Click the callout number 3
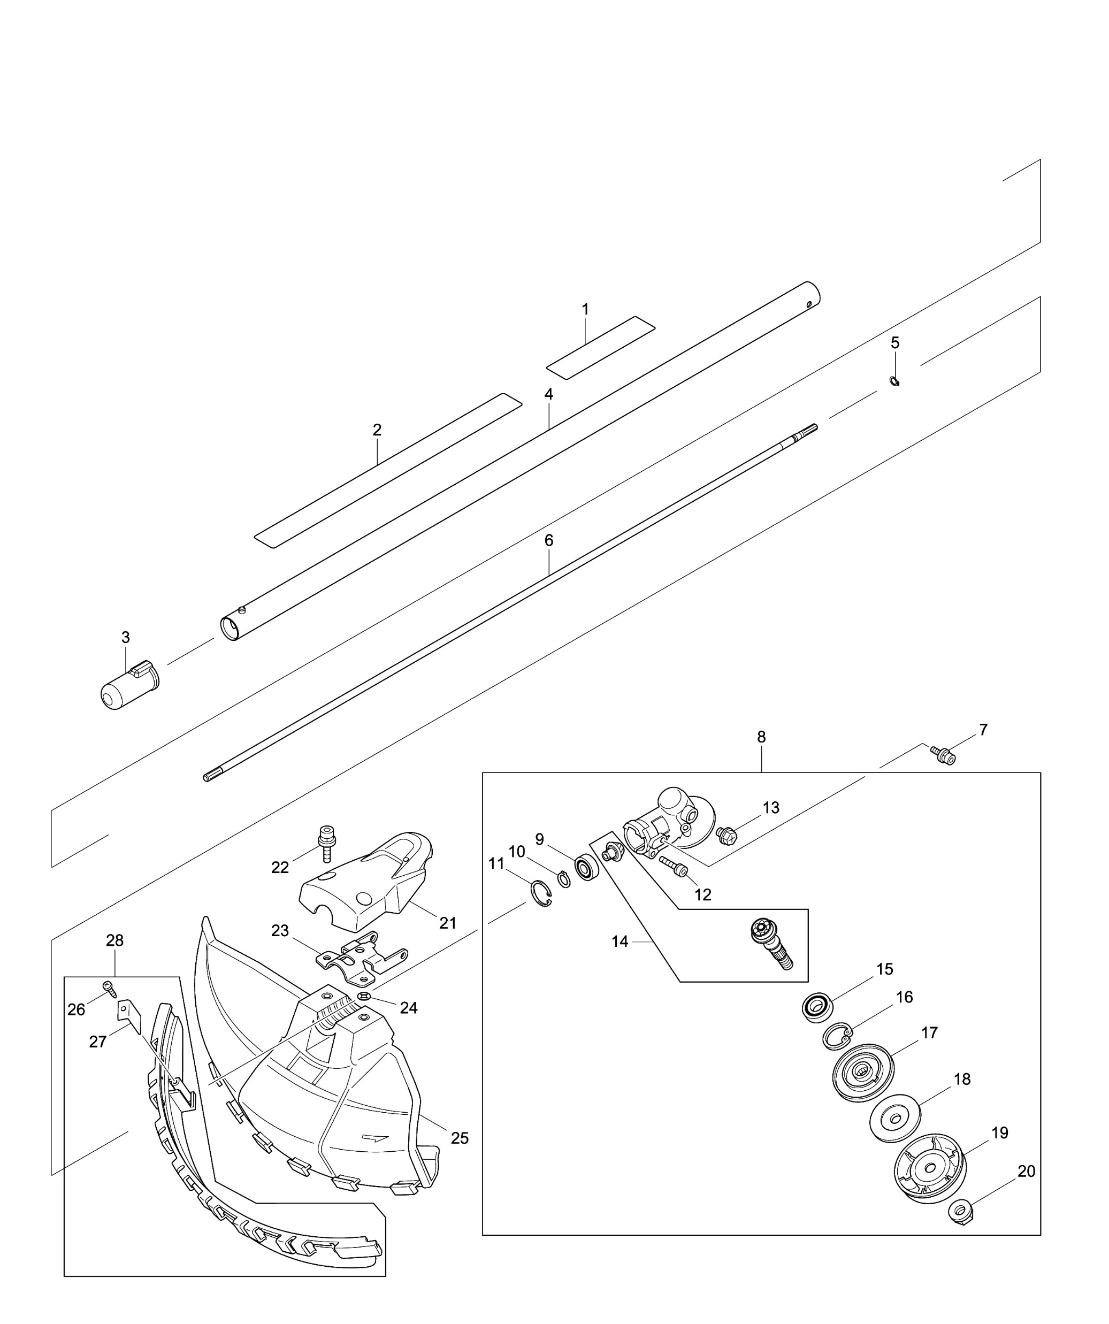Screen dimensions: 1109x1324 (x=126, y=638)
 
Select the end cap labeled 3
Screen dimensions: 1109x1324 (x=131, y=685)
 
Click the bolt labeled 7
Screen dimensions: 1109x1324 (x=943, y=755)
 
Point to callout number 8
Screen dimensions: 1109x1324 (x=762, y=737)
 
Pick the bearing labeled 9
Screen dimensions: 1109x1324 (x=586, y=868)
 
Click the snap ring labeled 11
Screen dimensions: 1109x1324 (x=540, y=896)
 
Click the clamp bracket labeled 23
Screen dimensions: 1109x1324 (x=360, y=959)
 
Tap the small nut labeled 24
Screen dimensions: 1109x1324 (x=364, y=996)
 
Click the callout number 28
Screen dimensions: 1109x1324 (x=114, y=940)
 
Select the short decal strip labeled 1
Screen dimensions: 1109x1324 (x=601, y=347)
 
